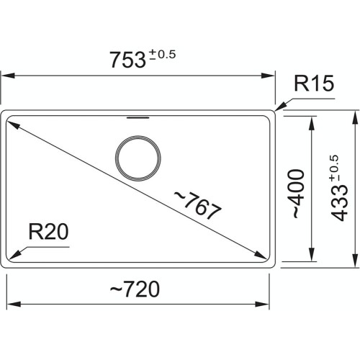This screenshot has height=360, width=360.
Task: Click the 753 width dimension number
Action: tap(127, 61)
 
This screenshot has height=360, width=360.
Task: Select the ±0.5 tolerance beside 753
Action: tap(163, 55)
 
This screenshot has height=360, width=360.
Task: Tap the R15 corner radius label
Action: tap(313, 86)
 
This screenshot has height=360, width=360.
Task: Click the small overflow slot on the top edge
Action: tap(137, 114)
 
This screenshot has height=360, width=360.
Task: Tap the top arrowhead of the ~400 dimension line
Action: tap(311, 120)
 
